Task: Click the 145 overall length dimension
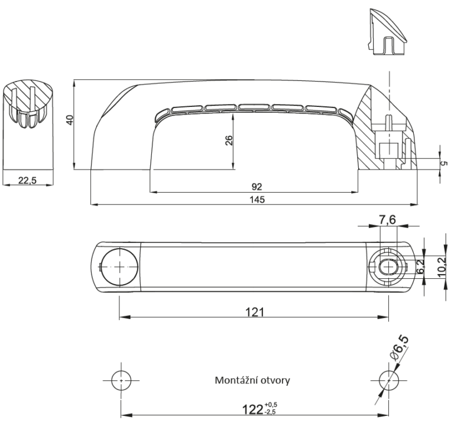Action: click(x=257, y=200)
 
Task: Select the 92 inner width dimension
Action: click(x=257, y=187)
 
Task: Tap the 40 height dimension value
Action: click(x=70, y=120)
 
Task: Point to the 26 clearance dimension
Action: click(x=229, y=141)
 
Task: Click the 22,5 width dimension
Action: click(x=28, y=181)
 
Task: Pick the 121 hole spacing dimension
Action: click(x=255, y=313)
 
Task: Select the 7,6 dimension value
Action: click(x=387, y=220)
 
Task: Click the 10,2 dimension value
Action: click(x=442, y=267)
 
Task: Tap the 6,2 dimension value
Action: click(x=420, y=266)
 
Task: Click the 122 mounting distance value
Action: click(x=252, y=410)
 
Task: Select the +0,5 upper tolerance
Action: click(x=270, y=405)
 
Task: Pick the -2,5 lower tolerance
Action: click(x=270, y=412)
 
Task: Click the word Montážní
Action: click(x=235, y=380)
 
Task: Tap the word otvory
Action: click(x=274, y=380)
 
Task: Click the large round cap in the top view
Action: click(x=119, y=267)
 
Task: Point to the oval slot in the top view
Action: click(x=388, y=266)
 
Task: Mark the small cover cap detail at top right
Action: click(x=387, y=32)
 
